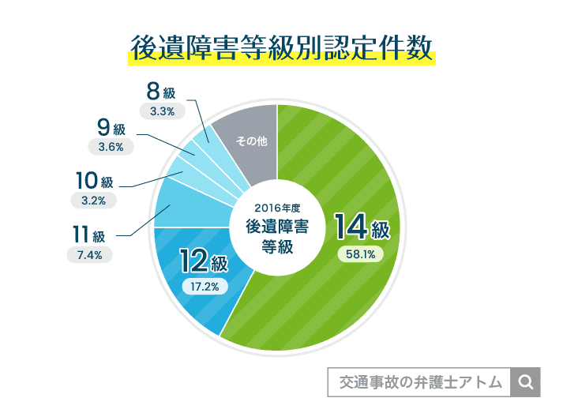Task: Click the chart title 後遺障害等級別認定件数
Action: (281, 49)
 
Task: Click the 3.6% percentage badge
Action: (111, 146)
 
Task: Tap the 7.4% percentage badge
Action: (90, 254)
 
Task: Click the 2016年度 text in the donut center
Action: (276, 208)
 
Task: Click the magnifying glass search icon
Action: (525, 382)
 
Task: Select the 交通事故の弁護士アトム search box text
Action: (420, 382)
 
